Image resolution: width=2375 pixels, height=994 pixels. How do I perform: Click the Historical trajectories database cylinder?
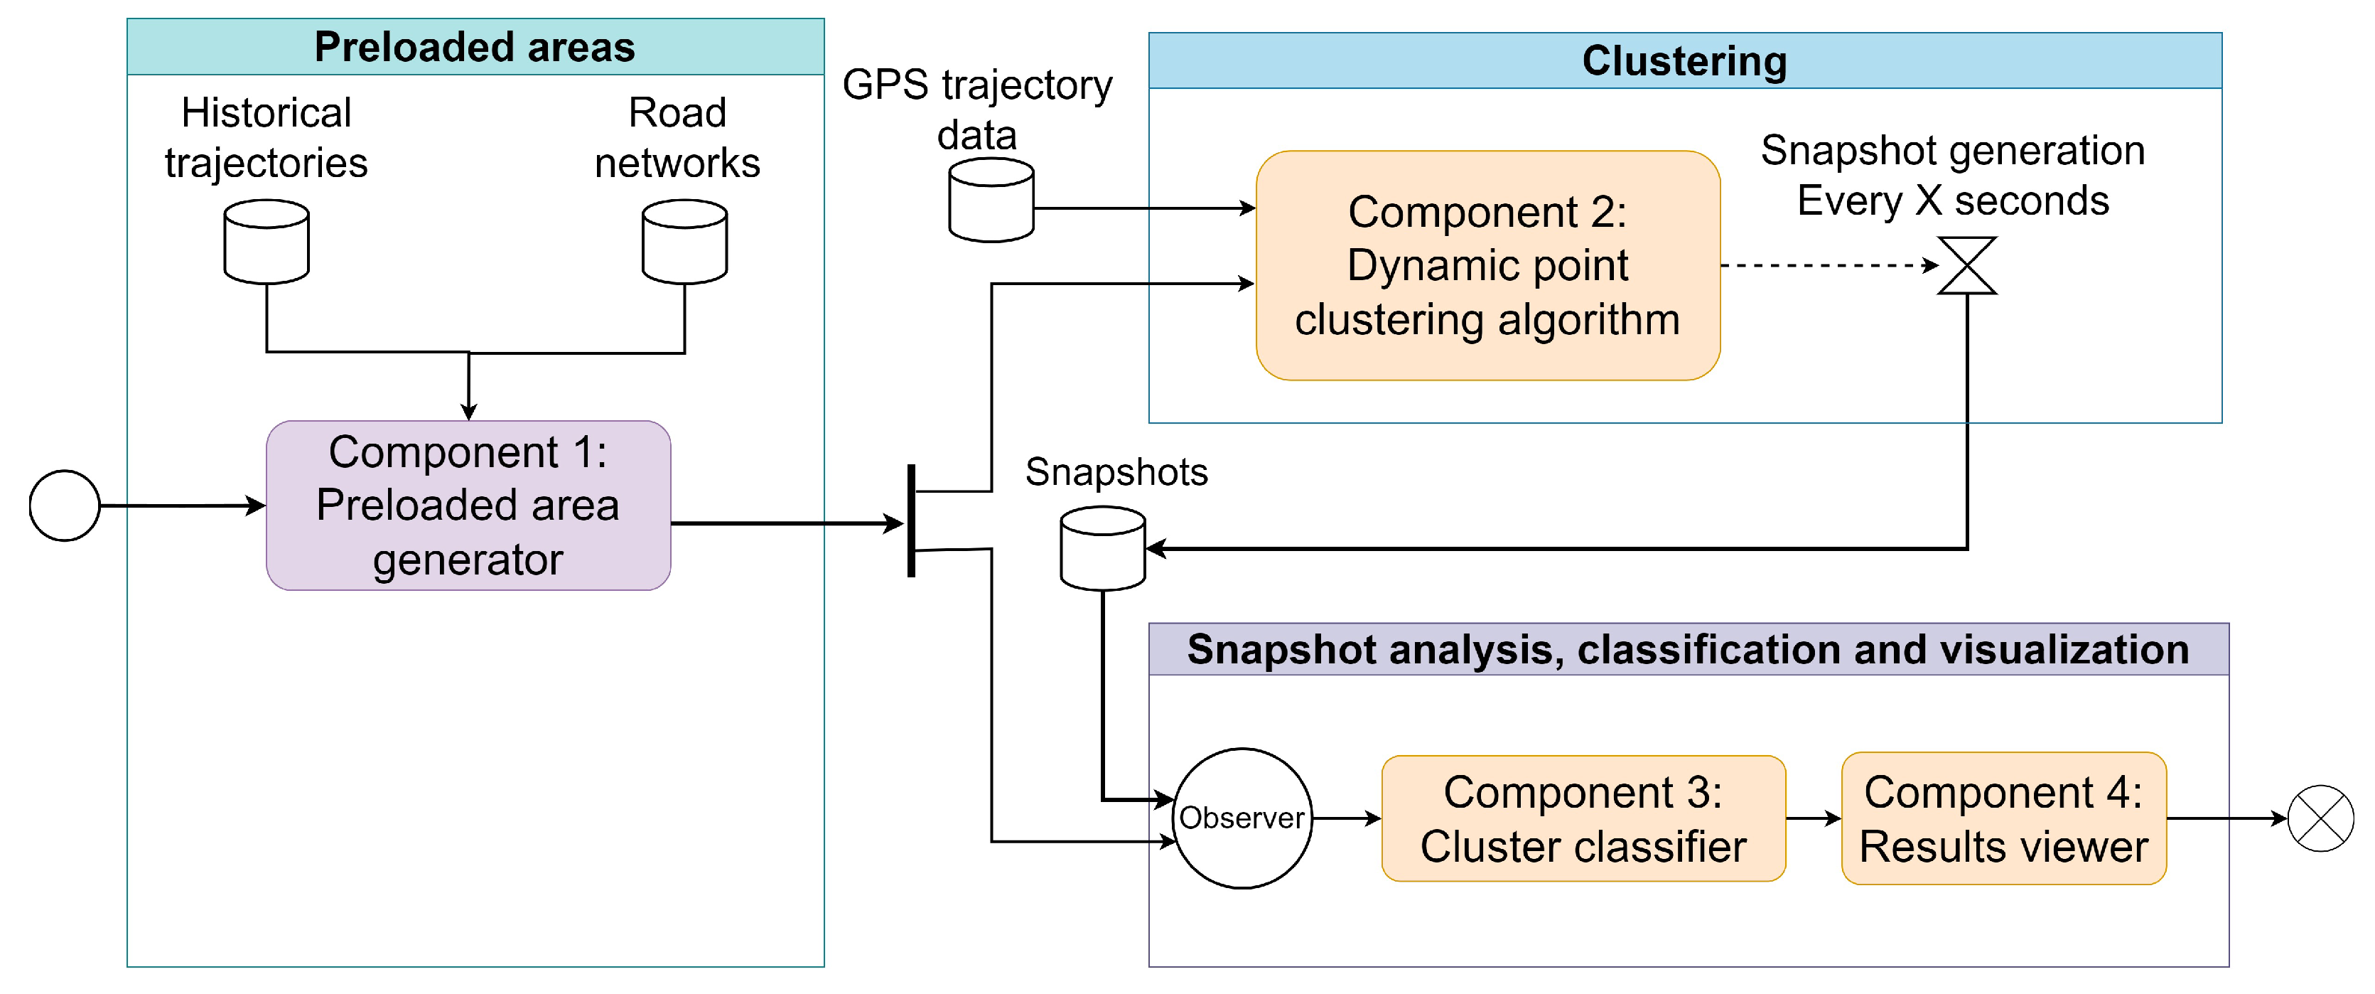click(266, 242)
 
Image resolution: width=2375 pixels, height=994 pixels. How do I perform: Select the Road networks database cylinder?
click(684, 242)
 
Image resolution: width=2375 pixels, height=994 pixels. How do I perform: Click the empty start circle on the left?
click(65, 506)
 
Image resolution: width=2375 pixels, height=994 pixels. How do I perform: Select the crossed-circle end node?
click(2320, 818)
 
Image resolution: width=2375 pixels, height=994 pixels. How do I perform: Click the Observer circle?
click(1242, 818)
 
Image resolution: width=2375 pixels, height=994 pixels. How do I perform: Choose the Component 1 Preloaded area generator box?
click(468, 506)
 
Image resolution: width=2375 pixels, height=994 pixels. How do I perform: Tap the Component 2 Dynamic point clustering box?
click(1487, 265)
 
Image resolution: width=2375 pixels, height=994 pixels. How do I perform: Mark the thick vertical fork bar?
click(911, 521)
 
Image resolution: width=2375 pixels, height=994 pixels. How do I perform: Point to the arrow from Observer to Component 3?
click(1346, 818)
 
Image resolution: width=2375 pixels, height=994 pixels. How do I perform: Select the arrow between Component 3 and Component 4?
click(1813, 818)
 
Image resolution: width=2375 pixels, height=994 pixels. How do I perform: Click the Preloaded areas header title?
click(475, 47)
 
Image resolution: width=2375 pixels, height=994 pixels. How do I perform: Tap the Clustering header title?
click(1684, 61)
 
